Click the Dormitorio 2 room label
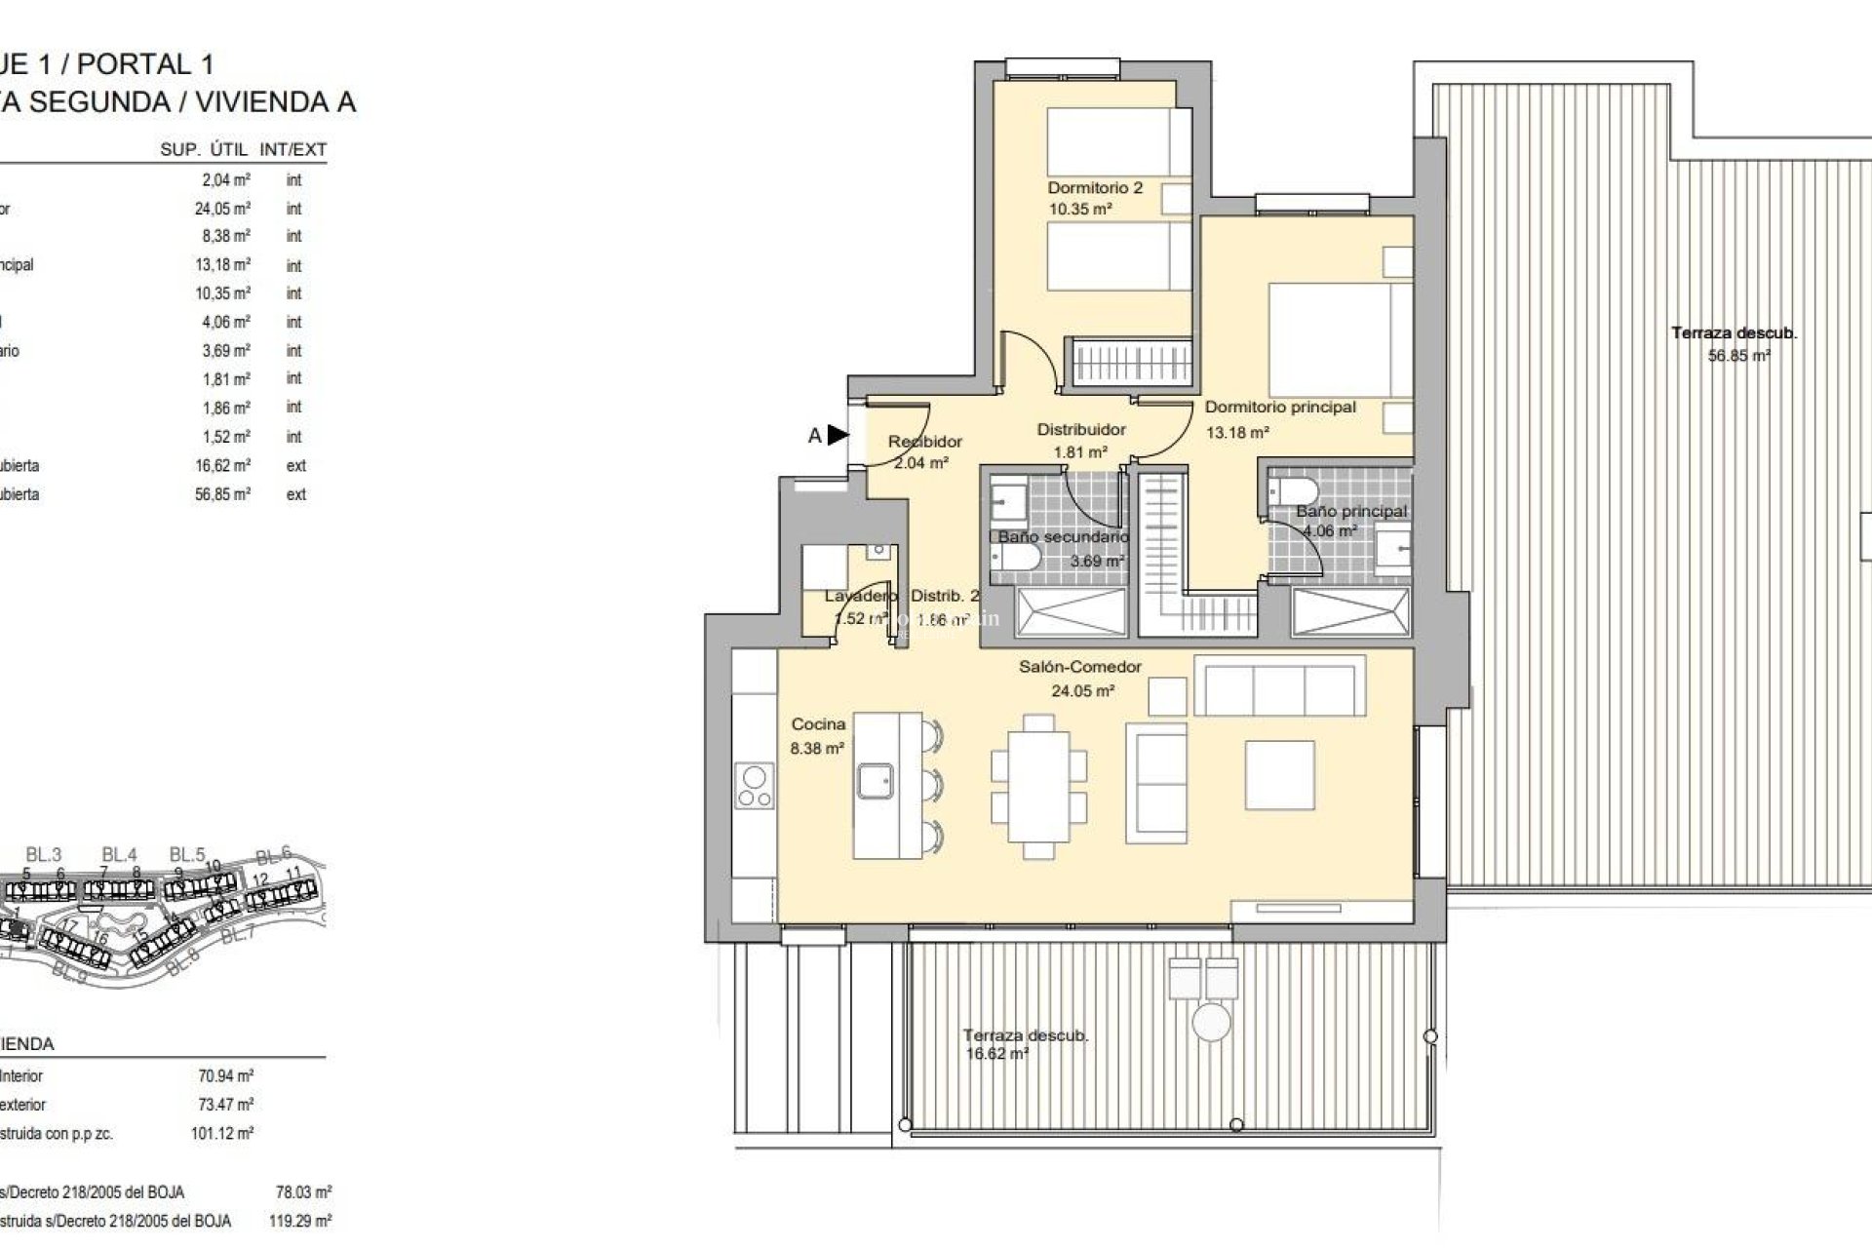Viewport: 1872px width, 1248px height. point(1095,187)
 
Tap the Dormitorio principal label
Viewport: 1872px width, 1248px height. point(1280,408)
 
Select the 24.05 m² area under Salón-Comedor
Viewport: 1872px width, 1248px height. point(1082,691)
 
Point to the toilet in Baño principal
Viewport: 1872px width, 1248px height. point(1296,490)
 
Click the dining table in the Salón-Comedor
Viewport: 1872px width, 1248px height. point(1039,787)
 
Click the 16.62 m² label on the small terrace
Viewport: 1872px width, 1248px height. point(995,1054)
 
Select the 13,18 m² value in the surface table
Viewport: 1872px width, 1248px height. point(222,265)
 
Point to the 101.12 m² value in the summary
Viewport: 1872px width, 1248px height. point(222,1134)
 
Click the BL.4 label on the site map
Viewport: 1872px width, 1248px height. point(118,855)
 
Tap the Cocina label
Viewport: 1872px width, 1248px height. point(818,724)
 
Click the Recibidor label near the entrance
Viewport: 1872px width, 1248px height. point(924,442)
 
